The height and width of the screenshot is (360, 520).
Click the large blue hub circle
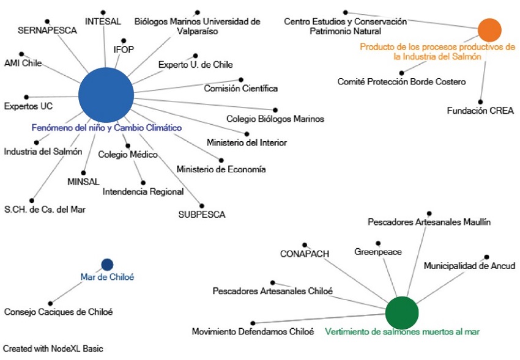pyautogui.click(x=106, y=95)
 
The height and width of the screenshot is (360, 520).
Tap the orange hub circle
pyautogui.click(x=489, y=29)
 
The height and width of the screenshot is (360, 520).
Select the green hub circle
pyautogui.click(x=402, y=312)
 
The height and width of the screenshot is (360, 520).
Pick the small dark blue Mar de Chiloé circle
pyautogui.click(x=107, y=265)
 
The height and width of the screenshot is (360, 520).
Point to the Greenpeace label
pyautogui.click(x=378, y=252)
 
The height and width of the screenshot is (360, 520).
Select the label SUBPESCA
pyautogui.click(x=202, y=215)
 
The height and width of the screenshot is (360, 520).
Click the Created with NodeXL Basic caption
pyautogui.click(x=53, y=349)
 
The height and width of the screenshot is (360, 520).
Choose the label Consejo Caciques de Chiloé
pyautogui.click(x=58, y=312)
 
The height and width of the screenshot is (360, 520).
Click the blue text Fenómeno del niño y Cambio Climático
pyautogui.click(x=106, y=128)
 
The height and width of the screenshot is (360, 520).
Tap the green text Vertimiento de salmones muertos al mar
pyautogui.click(x=403, y=332)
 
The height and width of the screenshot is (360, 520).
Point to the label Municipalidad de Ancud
pyautogui.click(x=469, y=266)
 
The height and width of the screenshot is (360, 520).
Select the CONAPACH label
pyautogui.click(x=305, y=253)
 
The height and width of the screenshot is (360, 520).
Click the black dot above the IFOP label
pyautogui.click(x=124, y=40)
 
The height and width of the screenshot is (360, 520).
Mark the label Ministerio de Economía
pyautogui.click(x=221, y=169)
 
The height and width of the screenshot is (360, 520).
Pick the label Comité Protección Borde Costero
pyautogui.click(x=401, y=81)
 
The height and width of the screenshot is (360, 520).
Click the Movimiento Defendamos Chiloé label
pyautogui.click(x=253, y=332)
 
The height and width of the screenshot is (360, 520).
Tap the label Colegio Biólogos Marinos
pyautogui.click(x=275, y=119)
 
